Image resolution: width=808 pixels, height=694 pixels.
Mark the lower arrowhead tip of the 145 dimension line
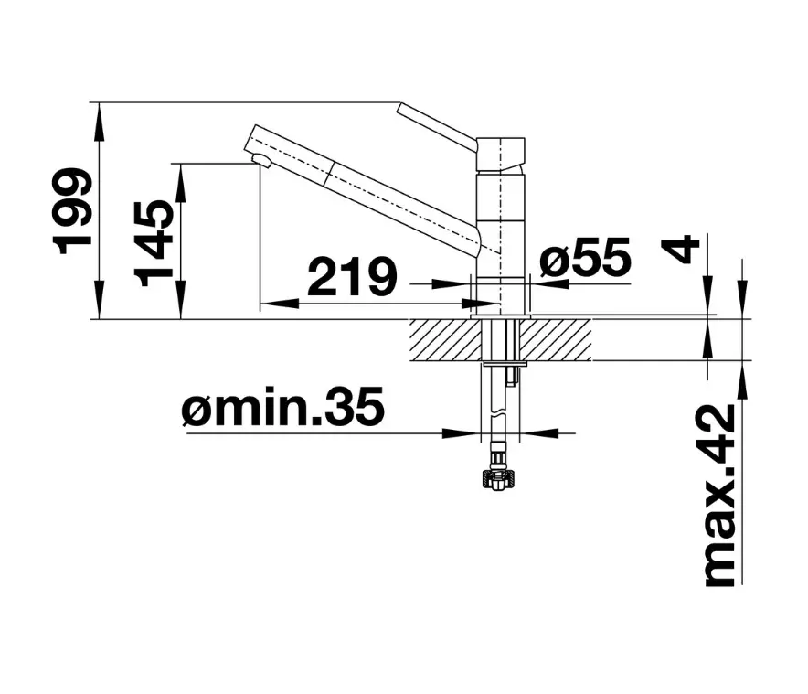click(x=181, y=319)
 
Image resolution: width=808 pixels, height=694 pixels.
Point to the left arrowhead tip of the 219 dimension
click(x=260, y=304)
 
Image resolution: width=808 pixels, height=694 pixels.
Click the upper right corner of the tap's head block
click(x=525, y=138)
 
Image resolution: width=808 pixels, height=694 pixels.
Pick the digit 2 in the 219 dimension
click(x=325, y=276)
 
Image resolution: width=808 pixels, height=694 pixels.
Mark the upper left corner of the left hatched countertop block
click(x=410, y=320)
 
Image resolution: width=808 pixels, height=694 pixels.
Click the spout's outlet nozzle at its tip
click(x=262, y=160)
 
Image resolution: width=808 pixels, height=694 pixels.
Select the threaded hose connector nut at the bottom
click(x=497, y=479)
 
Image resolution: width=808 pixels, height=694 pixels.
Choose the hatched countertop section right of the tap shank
click(x=555, y=340)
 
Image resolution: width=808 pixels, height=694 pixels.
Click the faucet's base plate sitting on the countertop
click(x=500, y=315)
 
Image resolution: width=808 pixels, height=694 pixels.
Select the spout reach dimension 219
click(x=353, y=276)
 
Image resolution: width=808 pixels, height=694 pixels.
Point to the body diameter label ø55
click(x=585, y=256)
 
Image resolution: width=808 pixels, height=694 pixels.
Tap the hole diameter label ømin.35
click(x=283, y=406)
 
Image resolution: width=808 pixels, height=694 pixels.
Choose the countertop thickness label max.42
click(x=720, y=496)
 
